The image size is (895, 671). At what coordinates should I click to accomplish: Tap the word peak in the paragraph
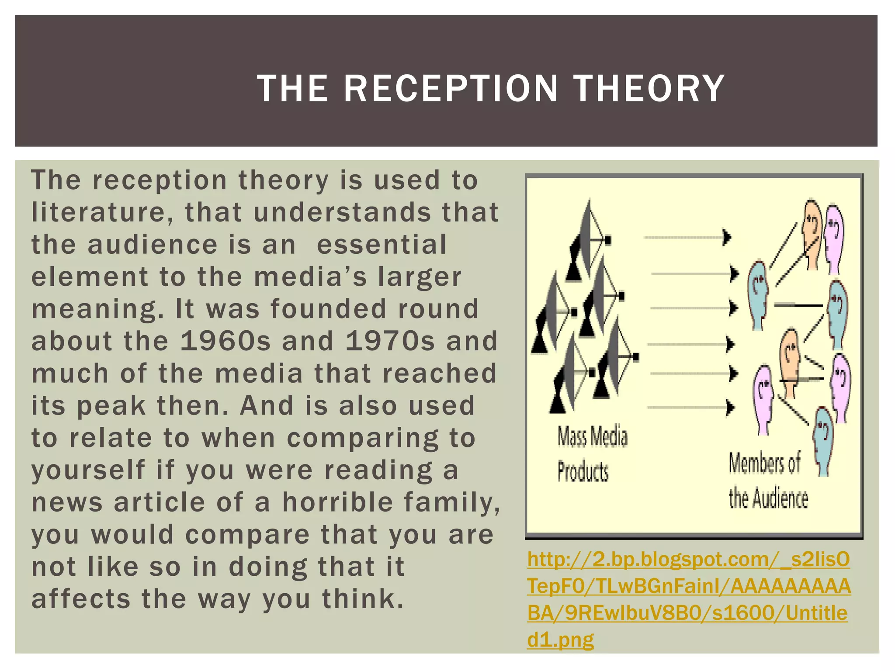(x=111, y=405)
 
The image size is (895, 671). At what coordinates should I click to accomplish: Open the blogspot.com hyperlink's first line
(x=688, y=560)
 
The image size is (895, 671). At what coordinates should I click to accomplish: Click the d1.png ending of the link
(x=560, y=640)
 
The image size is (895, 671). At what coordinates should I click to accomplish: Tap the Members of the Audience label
(x=767, y=481)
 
